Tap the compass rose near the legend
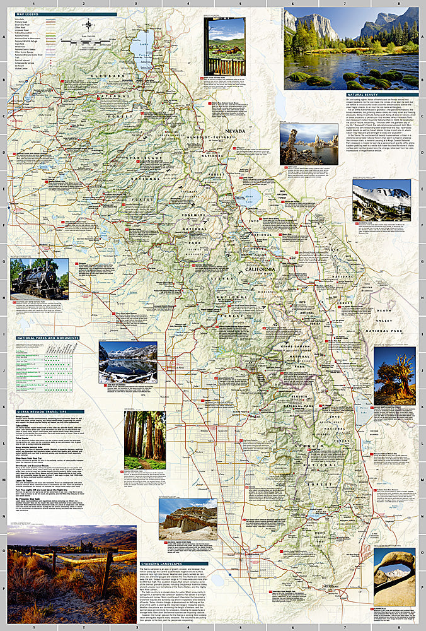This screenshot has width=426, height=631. point(88,26)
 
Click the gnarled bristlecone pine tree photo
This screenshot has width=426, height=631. point(394,375)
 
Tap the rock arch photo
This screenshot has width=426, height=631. point(394,577)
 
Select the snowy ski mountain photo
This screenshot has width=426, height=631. point(381,200)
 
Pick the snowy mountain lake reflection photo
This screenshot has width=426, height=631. point(128,363)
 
